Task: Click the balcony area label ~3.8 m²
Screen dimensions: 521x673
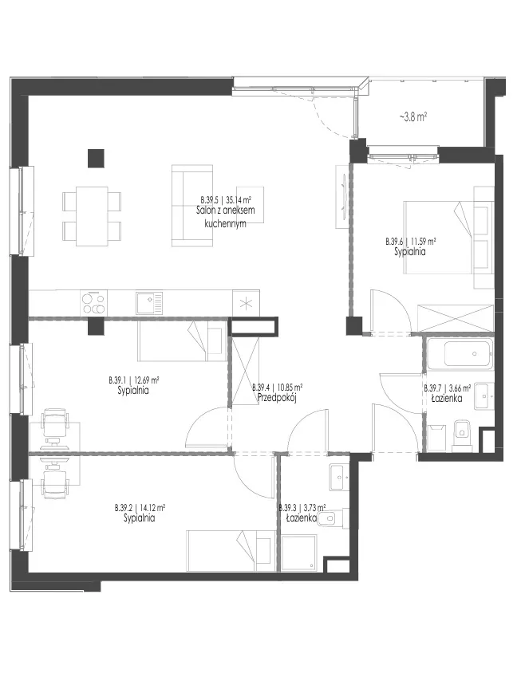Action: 413,116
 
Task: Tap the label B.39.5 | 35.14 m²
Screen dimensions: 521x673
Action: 226,199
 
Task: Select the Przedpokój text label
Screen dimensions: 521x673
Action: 277,398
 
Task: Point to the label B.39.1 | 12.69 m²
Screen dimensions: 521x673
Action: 134,380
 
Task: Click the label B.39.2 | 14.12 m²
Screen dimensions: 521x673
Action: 140,508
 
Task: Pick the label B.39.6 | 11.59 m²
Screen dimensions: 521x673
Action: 411,242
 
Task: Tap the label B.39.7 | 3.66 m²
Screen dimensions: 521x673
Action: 447,388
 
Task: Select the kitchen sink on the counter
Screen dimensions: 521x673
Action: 149,303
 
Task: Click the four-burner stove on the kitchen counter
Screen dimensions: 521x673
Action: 93,303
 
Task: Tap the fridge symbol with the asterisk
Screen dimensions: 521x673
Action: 246,303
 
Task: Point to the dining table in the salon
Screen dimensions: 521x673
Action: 92,216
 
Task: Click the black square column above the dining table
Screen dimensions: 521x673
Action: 96,158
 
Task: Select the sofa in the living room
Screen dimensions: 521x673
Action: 192,206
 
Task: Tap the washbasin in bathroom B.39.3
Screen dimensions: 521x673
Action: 341,477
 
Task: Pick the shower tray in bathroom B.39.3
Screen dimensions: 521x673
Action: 298,553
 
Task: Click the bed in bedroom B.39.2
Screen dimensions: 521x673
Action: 231,551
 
